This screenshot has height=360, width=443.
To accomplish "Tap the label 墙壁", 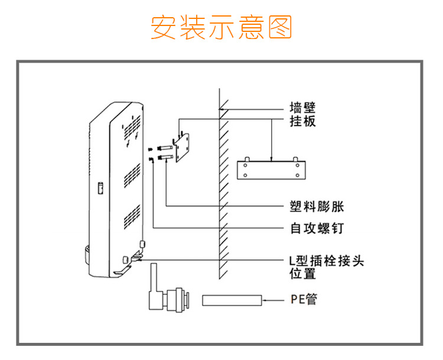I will pos(302,108).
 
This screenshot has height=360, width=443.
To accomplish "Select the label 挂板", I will pos(302,121).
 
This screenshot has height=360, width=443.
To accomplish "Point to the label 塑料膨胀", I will pos(317,206).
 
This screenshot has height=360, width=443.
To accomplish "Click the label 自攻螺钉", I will pos(317,228).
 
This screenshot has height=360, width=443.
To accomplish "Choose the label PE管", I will pos(304,300).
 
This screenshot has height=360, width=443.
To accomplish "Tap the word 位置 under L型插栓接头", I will pos(302,274).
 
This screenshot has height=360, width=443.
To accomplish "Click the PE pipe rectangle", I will pos(232,300).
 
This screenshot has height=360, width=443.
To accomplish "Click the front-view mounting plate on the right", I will pos(271,170).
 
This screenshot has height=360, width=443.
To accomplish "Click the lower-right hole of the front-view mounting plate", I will pos(297,176).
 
